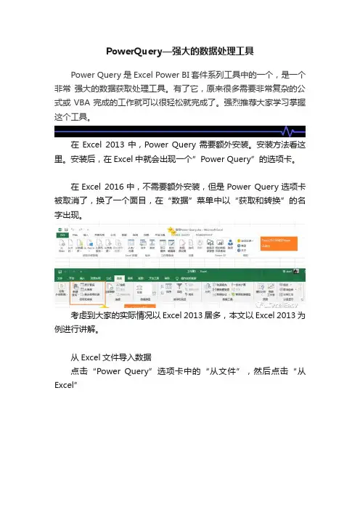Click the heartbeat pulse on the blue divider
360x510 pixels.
[x=289, y=132]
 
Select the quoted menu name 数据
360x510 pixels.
[x=220, y=200]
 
